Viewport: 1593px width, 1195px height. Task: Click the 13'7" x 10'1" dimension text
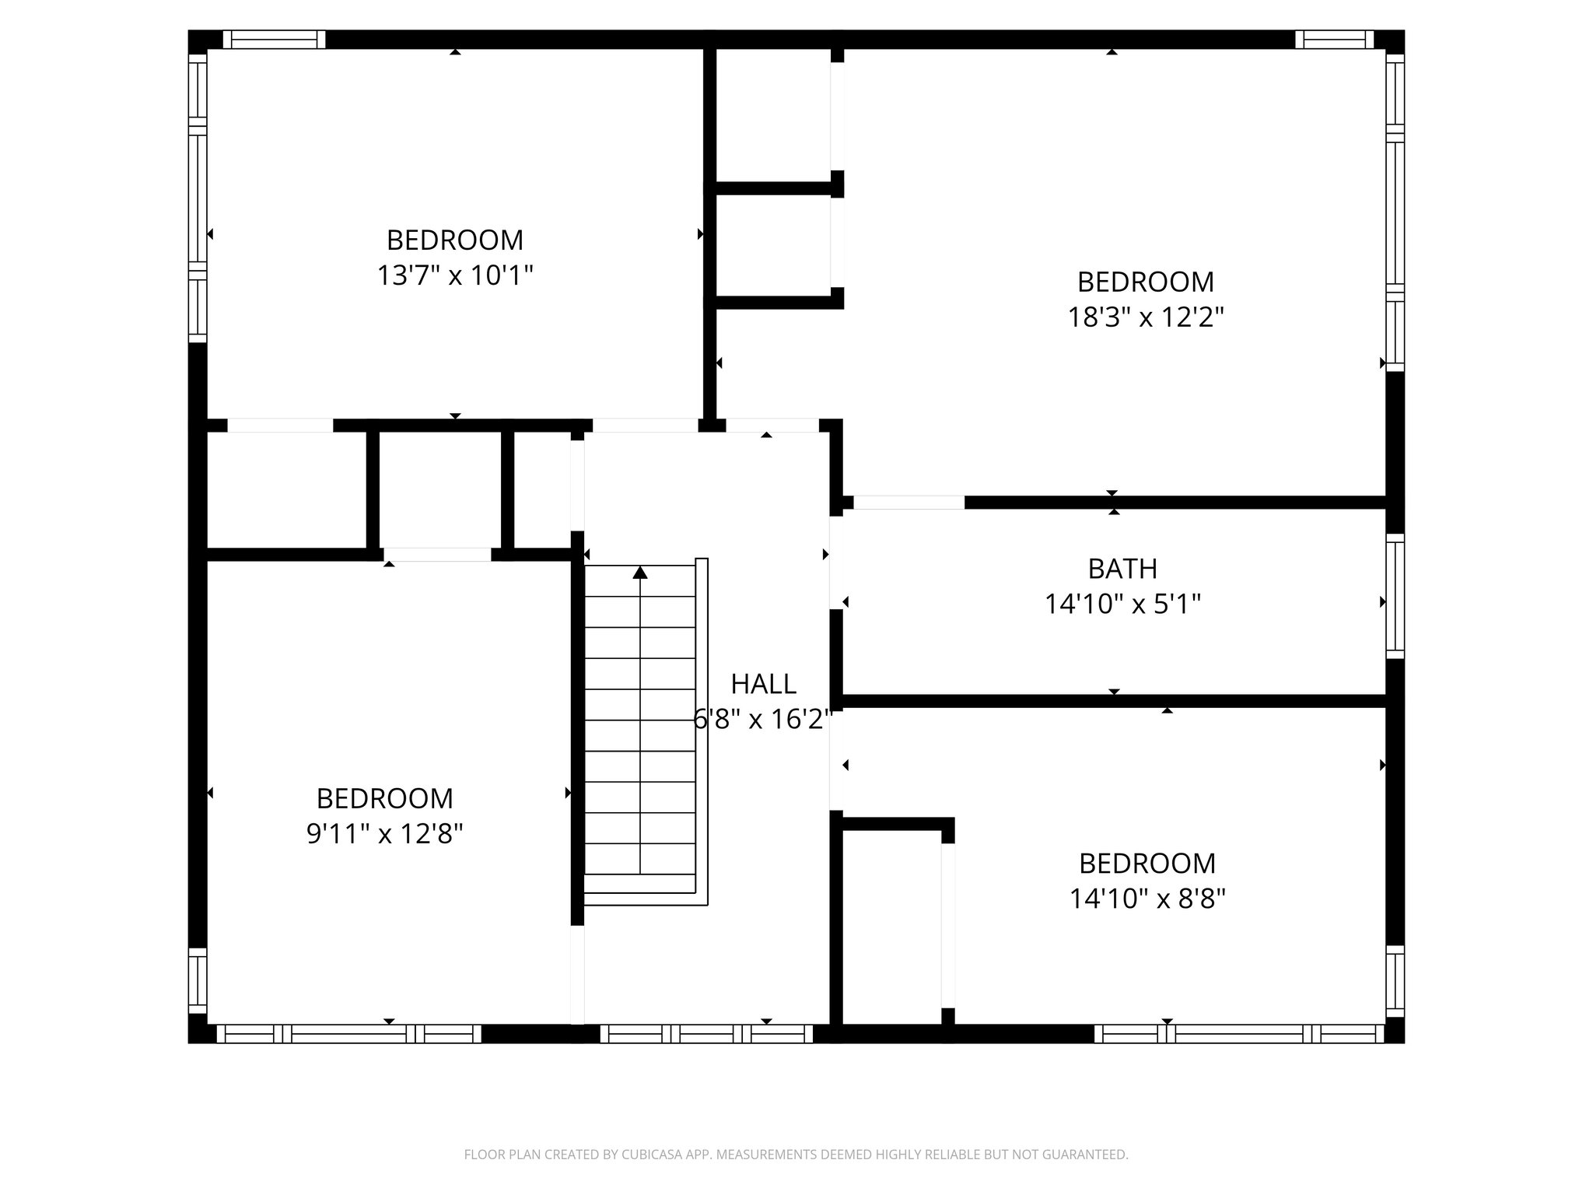[x=455, y=275]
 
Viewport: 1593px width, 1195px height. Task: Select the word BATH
[x=1122, y=569]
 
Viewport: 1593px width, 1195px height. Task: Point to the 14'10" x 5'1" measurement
[x=1122, y=605]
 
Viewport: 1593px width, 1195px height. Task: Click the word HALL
[x=763, y=684]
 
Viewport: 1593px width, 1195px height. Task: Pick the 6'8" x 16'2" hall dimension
[x=763, y=720]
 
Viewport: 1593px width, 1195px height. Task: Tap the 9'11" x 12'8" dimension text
[x=385, y=834]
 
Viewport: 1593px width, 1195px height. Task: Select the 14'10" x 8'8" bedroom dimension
[x=1147, y=899]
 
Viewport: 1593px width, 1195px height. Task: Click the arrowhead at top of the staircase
[x=640, y=573]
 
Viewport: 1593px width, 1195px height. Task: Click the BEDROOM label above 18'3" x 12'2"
[x=1146, y=282]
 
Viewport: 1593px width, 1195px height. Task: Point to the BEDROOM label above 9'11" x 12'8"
[x=385, y=798]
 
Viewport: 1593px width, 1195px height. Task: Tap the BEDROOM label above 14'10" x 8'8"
[x=1147, y=864]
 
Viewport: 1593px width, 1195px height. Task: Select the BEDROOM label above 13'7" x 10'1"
[x=455, y=240]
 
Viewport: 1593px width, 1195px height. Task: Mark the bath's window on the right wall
[x=1395, y=596]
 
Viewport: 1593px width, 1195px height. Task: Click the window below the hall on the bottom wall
[x=706, y=1033]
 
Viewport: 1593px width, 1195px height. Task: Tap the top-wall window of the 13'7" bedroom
[x=274, y=40]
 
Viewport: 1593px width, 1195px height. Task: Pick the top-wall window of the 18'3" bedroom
[x=1334, y=40]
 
